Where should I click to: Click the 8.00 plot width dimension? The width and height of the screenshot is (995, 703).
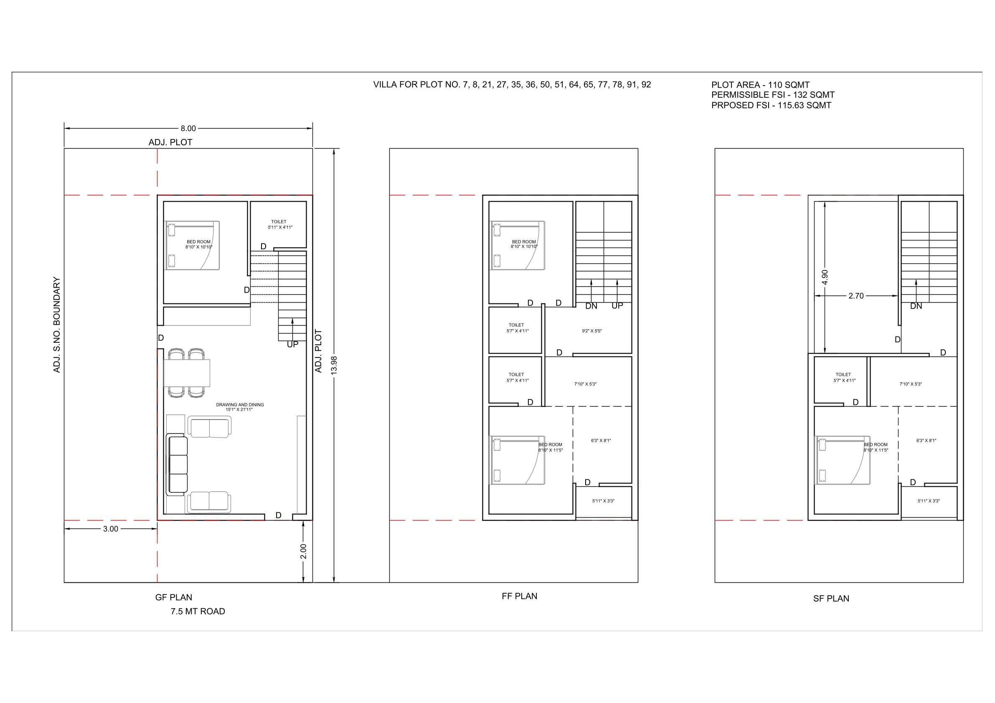coord(188,128)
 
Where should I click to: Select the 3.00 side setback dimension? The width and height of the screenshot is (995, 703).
coord(111,529)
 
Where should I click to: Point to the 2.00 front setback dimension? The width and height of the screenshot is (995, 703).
coord(303,551)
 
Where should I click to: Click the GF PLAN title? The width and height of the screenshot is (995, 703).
coord(173,597)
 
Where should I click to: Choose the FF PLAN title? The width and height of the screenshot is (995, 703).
coord(519,596)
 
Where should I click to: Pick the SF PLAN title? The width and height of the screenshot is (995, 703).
coord(831,599)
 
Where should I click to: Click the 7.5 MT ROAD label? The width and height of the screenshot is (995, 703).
coord(198,611)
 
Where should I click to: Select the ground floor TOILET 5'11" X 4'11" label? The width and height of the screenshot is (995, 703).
coord(279,224)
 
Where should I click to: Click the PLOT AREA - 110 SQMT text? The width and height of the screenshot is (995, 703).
coord(760,85)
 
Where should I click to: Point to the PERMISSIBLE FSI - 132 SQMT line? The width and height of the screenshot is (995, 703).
coord(773,95)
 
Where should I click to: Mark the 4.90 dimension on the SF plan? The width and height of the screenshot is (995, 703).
coord(825,277)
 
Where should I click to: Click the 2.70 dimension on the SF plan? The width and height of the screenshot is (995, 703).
coord(856,296)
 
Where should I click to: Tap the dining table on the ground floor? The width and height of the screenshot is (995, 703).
coord(187,373)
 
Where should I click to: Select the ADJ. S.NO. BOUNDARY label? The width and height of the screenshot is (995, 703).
coord(56,324)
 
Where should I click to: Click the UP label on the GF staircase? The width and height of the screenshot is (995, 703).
coord(292,344)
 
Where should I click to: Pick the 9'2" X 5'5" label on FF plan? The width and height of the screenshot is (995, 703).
coord(591,331)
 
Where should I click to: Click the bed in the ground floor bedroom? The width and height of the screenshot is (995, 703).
coord(193,245)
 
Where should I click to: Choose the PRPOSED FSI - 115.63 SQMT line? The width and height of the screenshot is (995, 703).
coord(771,105)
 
